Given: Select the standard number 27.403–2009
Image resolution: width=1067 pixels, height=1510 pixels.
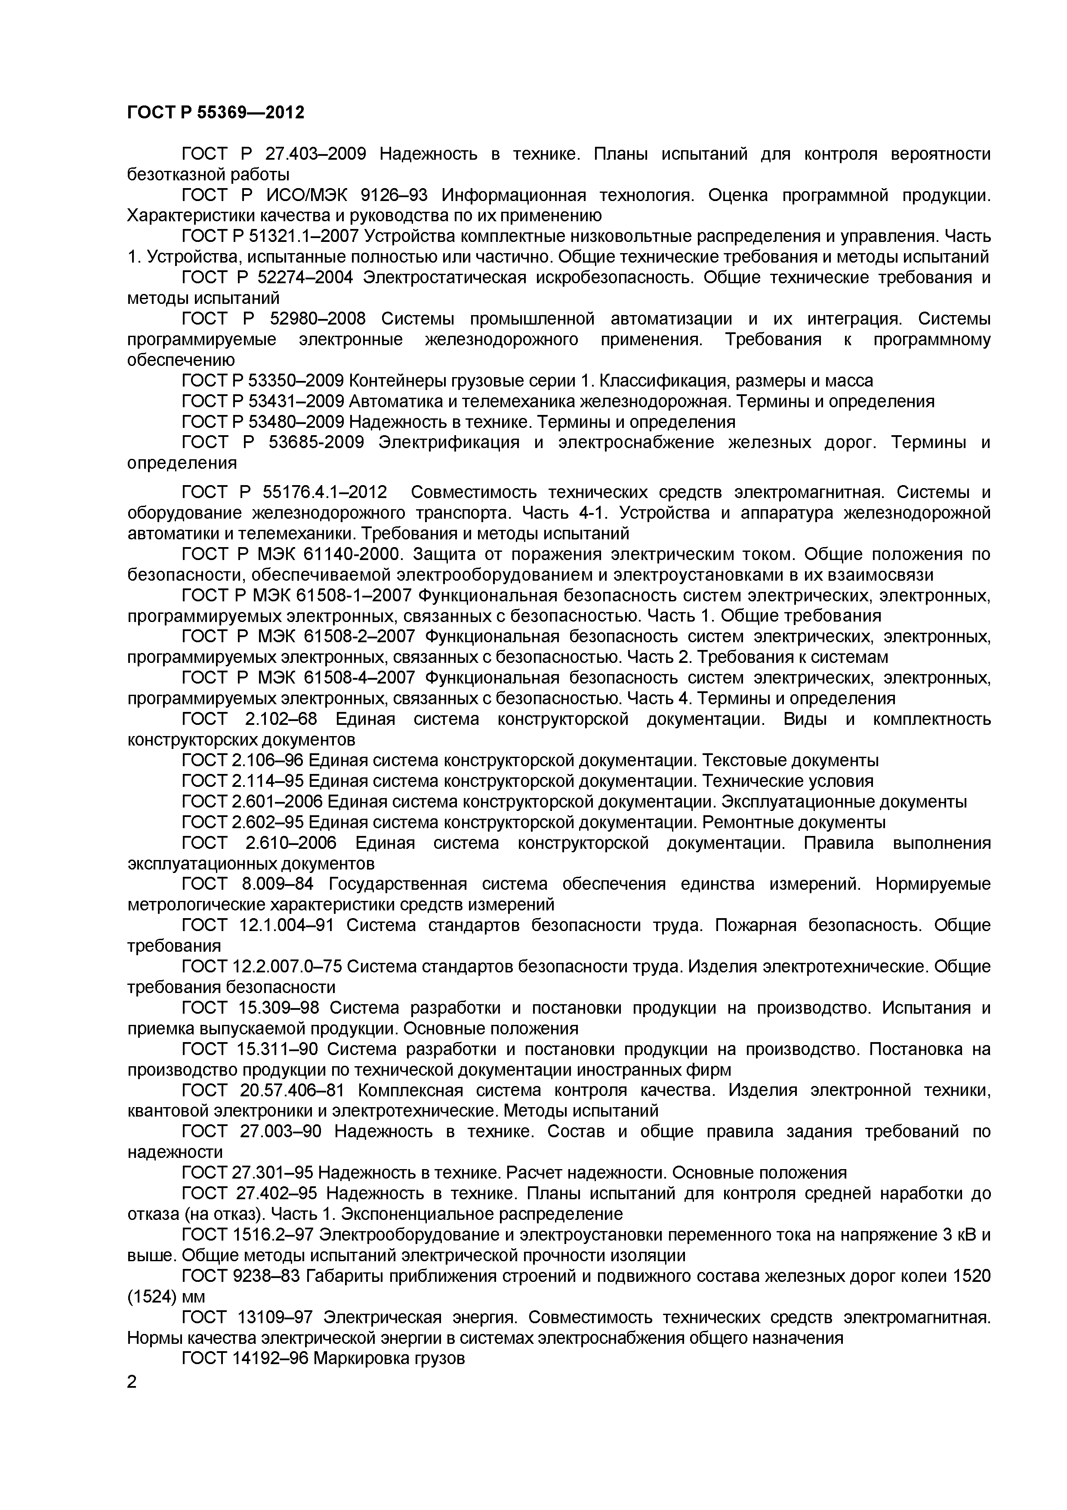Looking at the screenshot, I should point(315,155).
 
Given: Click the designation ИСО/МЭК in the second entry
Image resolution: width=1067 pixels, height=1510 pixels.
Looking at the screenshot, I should point(308,195).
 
